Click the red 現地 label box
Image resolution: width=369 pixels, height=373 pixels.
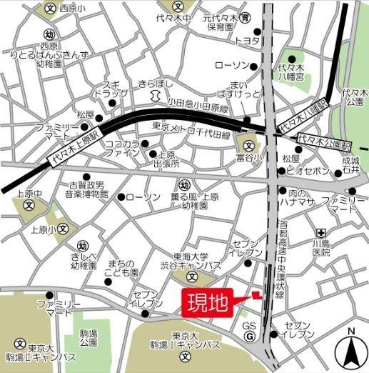point(208,302)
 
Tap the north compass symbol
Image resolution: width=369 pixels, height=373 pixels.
point(351,348)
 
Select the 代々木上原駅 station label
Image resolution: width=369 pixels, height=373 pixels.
point(76,146)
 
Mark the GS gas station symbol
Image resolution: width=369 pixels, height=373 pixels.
point(249,331)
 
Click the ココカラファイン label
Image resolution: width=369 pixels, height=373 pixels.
point(123,148)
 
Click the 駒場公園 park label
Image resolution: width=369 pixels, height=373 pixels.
point(89,338)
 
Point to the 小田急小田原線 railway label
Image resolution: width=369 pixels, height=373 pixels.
point(198,107)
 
